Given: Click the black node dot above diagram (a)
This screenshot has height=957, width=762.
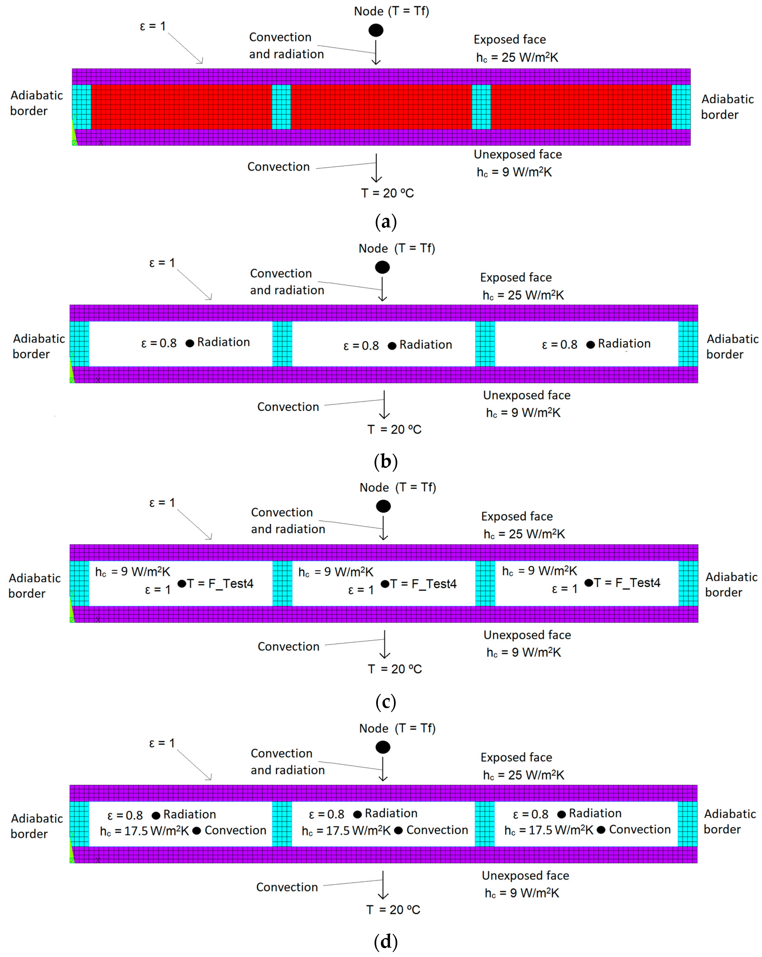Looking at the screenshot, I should click(x=376, y=30).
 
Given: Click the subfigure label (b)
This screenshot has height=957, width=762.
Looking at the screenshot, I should click(x=385, y=462).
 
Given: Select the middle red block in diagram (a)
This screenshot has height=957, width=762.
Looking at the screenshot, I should click(x=381, y=107).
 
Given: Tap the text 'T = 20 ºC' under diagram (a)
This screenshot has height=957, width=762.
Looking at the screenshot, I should click(x=387, y=193).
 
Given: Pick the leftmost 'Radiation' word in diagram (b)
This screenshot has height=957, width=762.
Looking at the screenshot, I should click(x=223, y=342).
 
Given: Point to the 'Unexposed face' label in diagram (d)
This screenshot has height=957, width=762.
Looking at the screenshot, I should click(x=525, y=876).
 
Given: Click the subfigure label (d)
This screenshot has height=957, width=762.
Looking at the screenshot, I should click(x=385, y=942).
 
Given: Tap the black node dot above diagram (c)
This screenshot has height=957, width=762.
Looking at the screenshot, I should click(x=383, y=506).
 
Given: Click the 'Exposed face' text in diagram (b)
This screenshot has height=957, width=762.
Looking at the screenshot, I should click(x=516, y=277).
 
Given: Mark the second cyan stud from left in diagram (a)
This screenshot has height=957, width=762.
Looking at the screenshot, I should click(x=281, y=107).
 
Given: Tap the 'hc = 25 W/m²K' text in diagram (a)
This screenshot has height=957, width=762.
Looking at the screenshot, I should click(x=517, y=57).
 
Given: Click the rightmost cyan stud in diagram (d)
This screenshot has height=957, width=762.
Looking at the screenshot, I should click(x=688, y=824).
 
